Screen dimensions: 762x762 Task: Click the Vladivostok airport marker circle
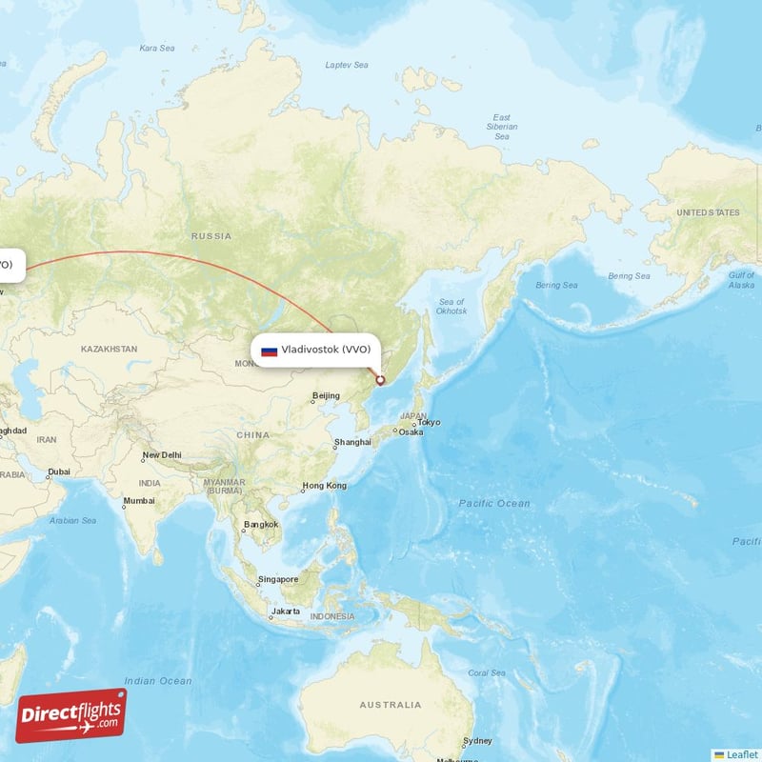(380, 381)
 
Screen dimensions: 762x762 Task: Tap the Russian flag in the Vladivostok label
(270, 351)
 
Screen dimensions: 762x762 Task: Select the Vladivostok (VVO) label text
(326, 350)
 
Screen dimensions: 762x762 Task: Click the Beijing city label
(326, 395)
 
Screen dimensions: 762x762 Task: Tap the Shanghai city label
(352, 443)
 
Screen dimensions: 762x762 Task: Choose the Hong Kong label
(324, 486)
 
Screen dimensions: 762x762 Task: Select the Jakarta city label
(287, 611)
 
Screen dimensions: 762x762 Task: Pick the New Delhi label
(162, 455)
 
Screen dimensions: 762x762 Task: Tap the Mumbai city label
(139, 500)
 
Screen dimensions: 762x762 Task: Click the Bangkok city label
(260, 524)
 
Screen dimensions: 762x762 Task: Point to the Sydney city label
(477, 741)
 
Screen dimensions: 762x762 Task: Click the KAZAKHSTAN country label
(109, 350)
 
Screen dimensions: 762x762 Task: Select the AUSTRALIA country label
(390, 705)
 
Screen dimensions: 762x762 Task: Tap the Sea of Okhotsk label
(451, 307)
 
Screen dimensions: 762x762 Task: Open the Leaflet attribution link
(742, 754)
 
